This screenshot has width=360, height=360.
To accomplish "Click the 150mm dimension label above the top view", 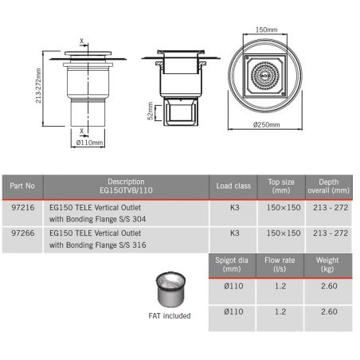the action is point(266,29).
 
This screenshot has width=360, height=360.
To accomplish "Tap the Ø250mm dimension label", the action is point(266,124).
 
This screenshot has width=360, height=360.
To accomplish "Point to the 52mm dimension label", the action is point(151,111).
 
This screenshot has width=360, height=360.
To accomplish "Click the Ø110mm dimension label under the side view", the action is point(89,143).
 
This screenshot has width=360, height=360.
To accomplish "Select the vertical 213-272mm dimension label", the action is point(38,85).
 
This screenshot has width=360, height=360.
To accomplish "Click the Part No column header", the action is point(22,186).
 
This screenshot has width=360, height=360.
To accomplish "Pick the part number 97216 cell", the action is point(23,207).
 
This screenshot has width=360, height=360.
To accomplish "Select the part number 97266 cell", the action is point(23,233).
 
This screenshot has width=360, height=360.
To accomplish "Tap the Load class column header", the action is point(233,186).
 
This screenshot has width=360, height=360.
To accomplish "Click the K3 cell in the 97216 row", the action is point(235,207).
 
